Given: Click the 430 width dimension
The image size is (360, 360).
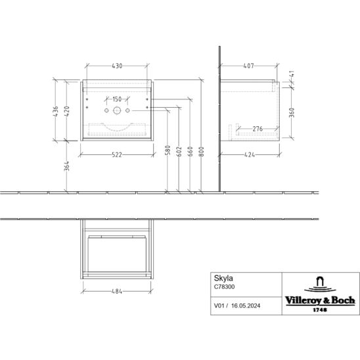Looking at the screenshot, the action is click(x=117, y=66).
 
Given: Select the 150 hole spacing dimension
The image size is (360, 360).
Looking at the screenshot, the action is click(x=117, y=99).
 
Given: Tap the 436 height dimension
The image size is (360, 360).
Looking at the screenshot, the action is click(x=56, y=112).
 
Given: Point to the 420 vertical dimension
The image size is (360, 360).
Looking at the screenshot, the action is click(x=66, y=112).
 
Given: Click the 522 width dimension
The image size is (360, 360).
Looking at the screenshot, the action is click(x=117, y=155).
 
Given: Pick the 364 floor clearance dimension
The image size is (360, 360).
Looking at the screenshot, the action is click(x=66, y=166).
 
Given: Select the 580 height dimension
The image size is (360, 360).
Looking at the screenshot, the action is click(x=168, y=150).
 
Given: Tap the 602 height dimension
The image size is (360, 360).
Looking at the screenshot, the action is click(x=179, y=152).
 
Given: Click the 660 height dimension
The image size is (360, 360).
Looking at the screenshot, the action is click(x=190, y=152).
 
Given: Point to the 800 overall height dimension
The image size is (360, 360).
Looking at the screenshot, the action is click(x=201, y=152).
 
